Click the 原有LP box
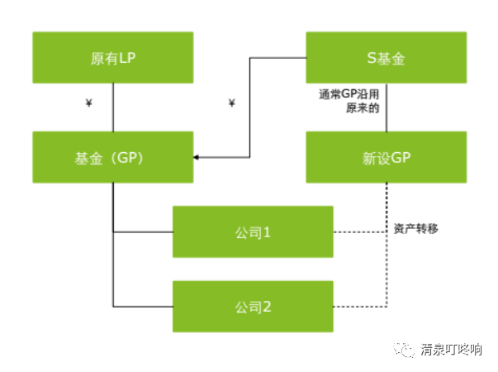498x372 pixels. [x=112, y=59]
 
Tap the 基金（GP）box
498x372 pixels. [x=112, y=157]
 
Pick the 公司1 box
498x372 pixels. [x=253, y=232]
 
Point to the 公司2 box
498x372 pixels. [x=253, y=307]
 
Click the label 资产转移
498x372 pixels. [x=415, y=228]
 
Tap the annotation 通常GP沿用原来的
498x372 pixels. [x=353, y=102]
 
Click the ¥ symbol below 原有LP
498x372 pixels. [x=88, y=104]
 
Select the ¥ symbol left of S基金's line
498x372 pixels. [x=231, y=104]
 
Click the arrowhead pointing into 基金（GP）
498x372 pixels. [x=197, y=157]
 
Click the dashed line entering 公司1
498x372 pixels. [x=359, y=232]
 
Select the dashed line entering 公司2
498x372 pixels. [x=359, y=307]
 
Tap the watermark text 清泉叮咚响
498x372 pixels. [x=450, y=350]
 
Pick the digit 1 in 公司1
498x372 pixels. [x=267, y=232]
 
